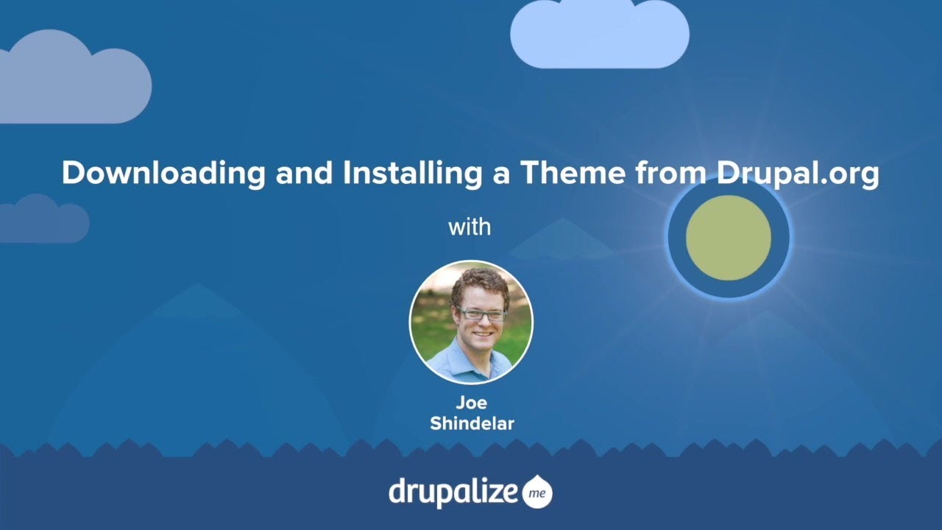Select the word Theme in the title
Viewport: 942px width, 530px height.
pyautogui.click(x=572, y=174)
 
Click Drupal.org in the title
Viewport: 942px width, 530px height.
pyautogui.click(x=796, y=174)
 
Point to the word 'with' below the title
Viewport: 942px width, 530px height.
pyautogui.click(x=470, y=227)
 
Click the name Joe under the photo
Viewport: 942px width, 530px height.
pyautogui.click(x=471, y=403)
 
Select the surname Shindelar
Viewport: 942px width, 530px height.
pyautogui.click(x=471, y=424)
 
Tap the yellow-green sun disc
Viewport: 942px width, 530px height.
pyautogui.click(x=728, y=238)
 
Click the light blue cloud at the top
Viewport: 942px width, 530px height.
pyautogui.click(x=600, y=35)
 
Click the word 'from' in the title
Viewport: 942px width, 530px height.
pyautogui.click(x=667, y=174)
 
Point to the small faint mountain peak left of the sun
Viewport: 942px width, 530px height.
pyautogui.click(x=561, y=240)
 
